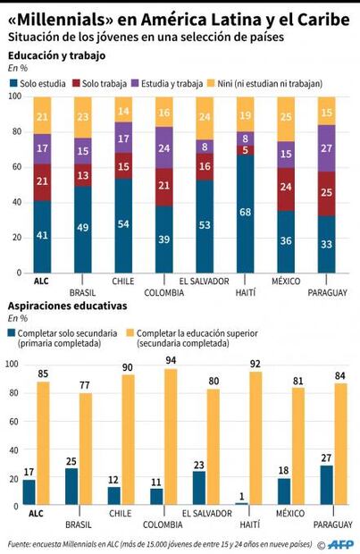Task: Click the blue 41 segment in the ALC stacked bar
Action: [x=41, y=236]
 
